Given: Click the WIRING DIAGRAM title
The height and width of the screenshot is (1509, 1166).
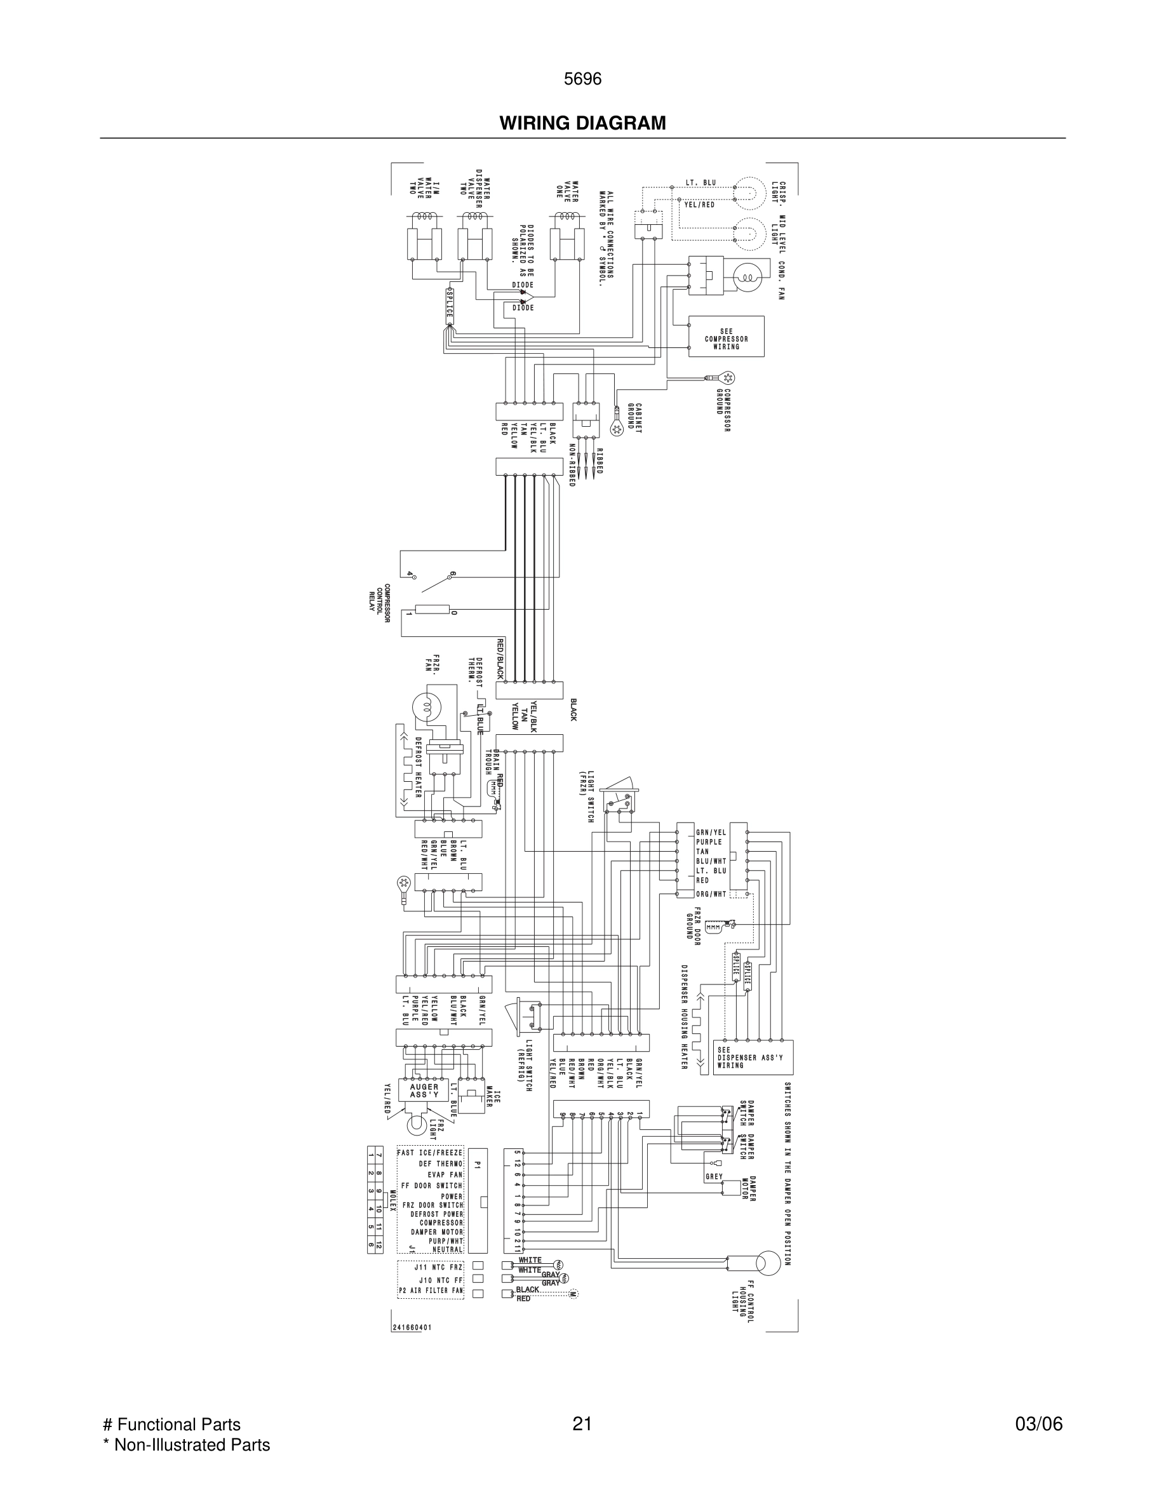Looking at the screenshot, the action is coord(582,123).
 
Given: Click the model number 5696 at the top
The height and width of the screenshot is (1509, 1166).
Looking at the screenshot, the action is coord(582,79).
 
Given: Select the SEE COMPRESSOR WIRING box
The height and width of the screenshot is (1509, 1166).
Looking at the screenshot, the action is coord(726,337).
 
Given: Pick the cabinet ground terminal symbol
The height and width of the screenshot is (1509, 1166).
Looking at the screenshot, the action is coord(617,429).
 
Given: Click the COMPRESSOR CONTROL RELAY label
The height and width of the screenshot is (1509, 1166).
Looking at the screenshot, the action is coord(379,603).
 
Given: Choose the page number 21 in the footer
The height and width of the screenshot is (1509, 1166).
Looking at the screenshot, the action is coord(582,1424).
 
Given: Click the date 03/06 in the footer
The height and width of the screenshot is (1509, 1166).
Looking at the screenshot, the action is coord(1038,1424).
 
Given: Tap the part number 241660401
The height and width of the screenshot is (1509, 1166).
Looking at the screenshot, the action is coord(412,1327).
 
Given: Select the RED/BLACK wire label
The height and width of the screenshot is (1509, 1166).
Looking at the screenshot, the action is coord(500,659).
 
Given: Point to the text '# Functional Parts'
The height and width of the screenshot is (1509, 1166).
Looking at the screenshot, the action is coord(171,1424).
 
